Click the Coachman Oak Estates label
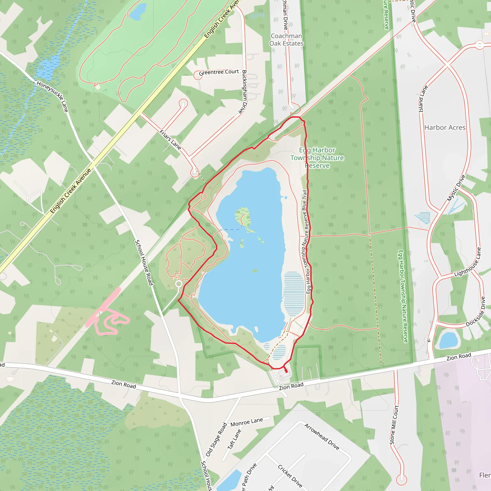tap(286, 40)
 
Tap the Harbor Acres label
tap(445, 128)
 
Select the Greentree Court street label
tap(219, 72)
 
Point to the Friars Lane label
tap(170, 140)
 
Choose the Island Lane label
tap(423, 99)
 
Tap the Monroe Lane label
tap(246, 422)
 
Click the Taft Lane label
tap(234, 439)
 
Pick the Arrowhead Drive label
tap(322, 437)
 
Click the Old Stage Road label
tap(216, 439)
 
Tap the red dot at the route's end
tap(286, 372)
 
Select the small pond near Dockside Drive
tap(448, 340)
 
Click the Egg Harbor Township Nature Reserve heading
tap(317, 158)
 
